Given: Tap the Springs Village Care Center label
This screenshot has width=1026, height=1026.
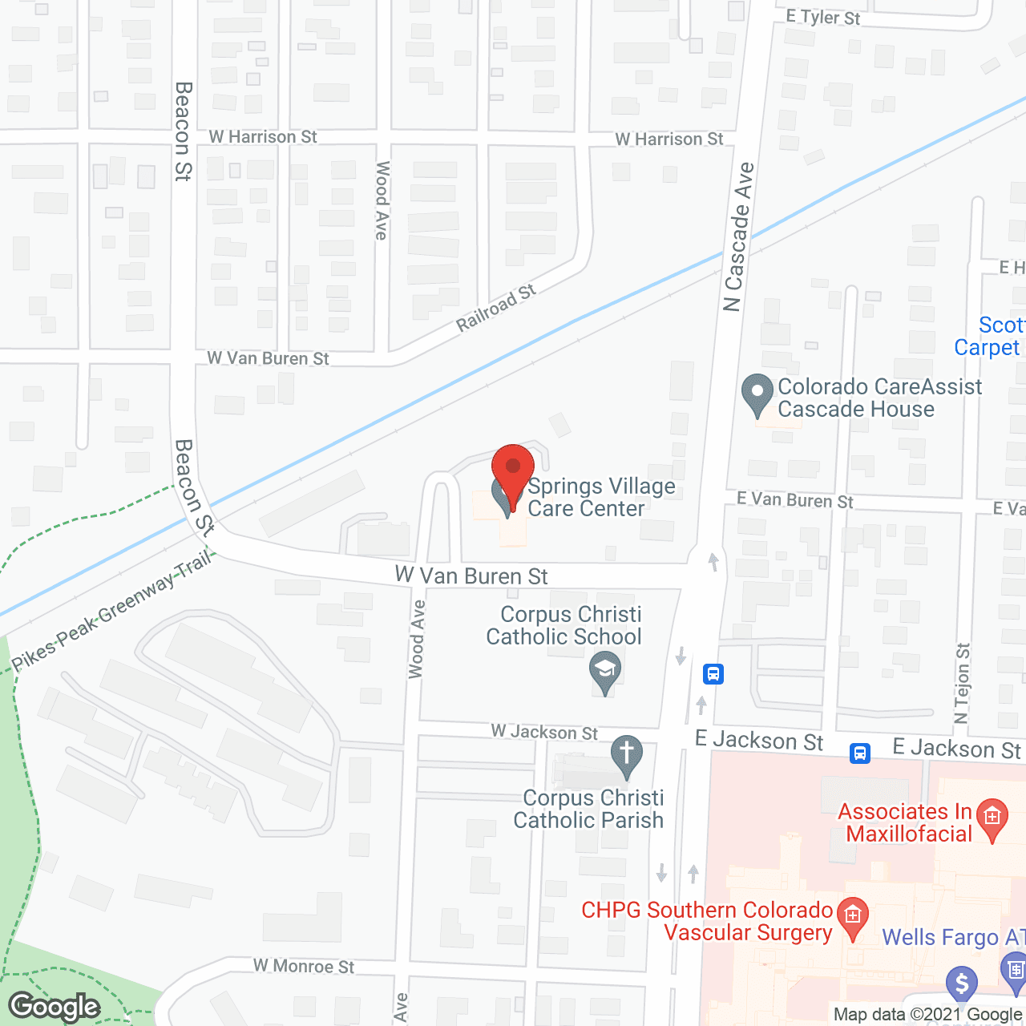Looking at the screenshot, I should click(600, 498).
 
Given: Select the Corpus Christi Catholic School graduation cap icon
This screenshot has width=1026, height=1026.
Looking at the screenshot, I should click(605, 671).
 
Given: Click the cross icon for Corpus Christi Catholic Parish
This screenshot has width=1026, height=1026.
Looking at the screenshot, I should click(627, 756).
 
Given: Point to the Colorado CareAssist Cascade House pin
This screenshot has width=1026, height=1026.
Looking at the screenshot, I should click(757, 394).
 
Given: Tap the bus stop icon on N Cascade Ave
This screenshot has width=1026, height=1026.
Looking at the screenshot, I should click(713, 674).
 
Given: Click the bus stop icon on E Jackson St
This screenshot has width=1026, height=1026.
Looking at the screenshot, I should click(860, 753).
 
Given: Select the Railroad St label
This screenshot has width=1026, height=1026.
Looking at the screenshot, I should click(496, 309).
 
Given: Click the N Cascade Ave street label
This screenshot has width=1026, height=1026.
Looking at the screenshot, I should click(738, 237).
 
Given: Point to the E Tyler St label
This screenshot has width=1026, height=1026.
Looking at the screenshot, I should click(822, 17).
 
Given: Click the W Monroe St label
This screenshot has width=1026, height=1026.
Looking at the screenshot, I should click(304, 966).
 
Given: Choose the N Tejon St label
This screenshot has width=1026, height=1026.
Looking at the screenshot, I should click(962, 683).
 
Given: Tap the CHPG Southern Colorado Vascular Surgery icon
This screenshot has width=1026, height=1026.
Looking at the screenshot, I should click(852, 915).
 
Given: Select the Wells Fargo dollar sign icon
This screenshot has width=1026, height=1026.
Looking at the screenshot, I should click(961, 984).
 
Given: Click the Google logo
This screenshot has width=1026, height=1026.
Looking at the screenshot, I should click(55, 1007).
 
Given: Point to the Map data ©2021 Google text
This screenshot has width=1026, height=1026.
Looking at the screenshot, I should click(928, 1015).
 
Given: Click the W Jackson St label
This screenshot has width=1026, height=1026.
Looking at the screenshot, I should click(544, 732).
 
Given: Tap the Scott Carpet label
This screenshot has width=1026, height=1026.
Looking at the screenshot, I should click(989, 337).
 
